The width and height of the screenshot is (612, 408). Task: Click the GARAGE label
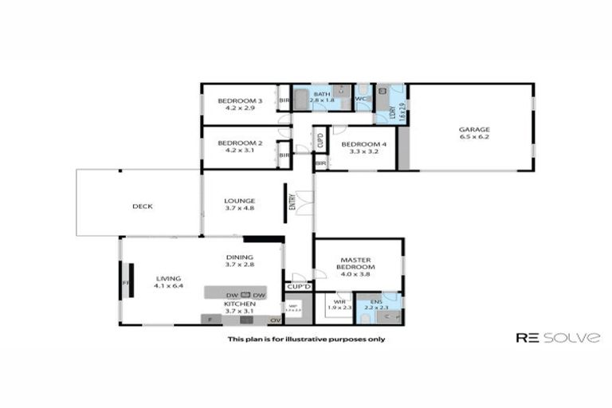pos(473,130)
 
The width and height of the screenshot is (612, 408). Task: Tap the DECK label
pos(143,206)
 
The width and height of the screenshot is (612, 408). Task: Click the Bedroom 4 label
pos(363,144)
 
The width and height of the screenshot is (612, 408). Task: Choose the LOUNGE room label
pos(239,201)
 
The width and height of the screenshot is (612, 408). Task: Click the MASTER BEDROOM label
pos(358,264)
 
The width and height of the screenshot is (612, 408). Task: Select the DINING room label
pos(239,257)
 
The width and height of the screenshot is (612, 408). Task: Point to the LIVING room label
pos(168,278)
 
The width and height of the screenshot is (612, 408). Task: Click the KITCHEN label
pos(239,304)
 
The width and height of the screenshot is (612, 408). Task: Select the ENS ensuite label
pos(375,301)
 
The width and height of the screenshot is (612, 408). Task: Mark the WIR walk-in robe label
pos(339,302)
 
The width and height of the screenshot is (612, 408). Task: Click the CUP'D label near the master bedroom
pos(299,286)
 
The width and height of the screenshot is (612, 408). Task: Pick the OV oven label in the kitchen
pos(275,320)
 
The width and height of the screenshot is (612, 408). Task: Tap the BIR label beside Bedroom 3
pos(284,100)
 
